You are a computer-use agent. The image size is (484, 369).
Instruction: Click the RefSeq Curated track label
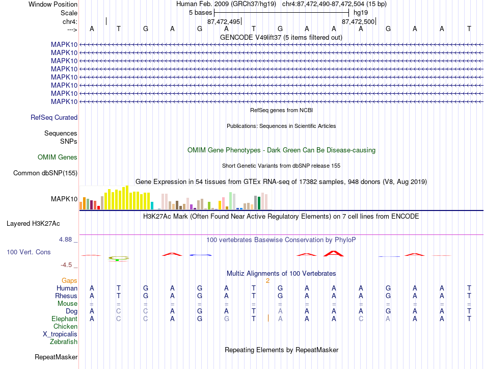pos(54,117)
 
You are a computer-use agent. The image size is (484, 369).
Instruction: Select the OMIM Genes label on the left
pos(58,157)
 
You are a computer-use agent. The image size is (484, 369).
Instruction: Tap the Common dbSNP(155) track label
pos(45,173)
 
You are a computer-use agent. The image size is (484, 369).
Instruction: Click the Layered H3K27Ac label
pos(33,224)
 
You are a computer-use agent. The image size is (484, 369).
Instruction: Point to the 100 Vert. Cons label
pos(29,252)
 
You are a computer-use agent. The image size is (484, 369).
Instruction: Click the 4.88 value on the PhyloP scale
pos(65,240)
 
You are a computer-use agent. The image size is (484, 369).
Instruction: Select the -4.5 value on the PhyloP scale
pos(66,265)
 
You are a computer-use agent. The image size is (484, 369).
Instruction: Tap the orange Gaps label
pos(69,280)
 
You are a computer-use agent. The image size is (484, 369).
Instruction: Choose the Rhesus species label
pos(66,296)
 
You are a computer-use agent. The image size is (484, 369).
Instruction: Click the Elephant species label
pos(65,319)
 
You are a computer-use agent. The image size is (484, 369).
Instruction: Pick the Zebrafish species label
pos(64,342)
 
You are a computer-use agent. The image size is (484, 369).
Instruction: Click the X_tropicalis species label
pos(60,334)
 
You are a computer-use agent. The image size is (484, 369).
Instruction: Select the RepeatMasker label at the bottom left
pos(56,357)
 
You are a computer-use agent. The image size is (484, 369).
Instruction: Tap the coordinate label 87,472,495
pos(224,21)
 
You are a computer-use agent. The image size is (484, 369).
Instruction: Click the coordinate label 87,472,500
pos(358,21)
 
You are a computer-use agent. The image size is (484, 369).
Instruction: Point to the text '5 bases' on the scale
pos(201,13)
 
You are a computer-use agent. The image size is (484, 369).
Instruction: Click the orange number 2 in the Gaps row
pos(267,281)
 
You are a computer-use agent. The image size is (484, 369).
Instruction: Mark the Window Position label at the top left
pos(53,4)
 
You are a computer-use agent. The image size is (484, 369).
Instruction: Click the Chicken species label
pos(65,326)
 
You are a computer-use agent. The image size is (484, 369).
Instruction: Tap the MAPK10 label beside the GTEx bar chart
pos(64,199)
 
